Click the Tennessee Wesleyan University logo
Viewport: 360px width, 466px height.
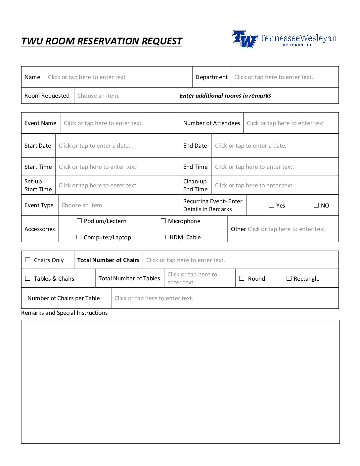click(x=284, y=39)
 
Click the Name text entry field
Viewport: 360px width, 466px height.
click(x=87, y=77)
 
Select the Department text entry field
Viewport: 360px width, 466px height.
click(x=273, y=77)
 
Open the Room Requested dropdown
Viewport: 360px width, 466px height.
click(x=98, y=96)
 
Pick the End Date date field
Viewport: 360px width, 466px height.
click(x=250, y=146)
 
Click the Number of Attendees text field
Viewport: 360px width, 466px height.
click(x=286, y=123)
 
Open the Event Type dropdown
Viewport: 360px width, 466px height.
click(x=82, y=205)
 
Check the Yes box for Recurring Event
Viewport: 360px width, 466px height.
click(x=272, y=205)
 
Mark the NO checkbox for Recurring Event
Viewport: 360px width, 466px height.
click(x=316, y=205)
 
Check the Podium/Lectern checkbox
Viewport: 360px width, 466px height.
click(x=79, y=221)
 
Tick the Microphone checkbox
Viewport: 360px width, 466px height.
click(x=163, y=221)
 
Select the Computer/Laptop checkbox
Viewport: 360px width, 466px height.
click(x=79, y=237)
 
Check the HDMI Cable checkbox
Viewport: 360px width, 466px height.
click(x=163, y=237)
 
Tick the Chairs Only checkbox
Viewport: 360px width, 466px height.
click(x=28, y=260)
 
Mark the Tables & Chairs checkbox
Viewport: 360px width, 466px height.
click(x=28, y=278)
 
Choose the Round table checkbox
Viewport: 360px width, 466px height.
click(x=242, y=278)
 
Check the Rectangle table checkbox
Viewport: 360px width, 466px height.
click(x=289, y=278)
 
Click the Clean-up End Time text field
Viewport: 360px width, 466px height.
click(x=254, y=185)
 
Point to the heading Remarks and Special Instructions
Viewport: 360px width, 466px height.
click(x=65, y=313)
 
